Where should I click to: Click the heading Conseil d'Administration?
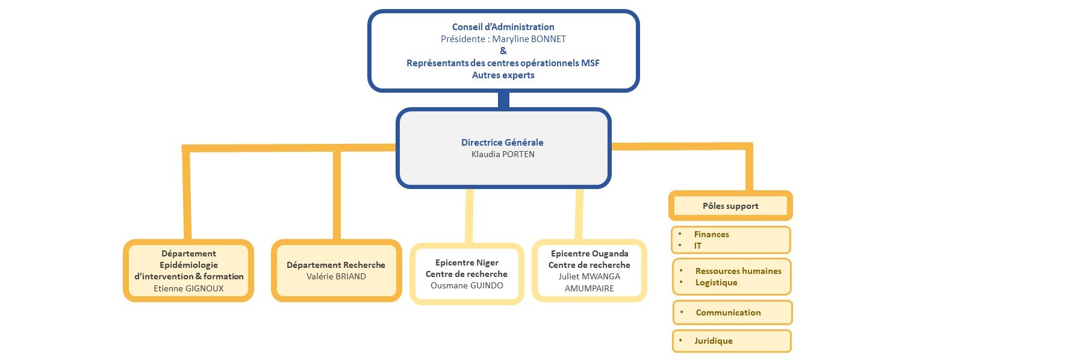click(x=503, y=27)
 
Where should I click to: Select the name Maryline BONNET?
click(x=529, y=39)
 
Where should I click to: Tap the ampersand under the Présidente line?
click(x=503, y=51)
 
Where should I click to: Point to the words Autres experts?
click(x=503, y=75)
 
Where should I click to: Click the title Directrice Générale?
click(x=502, y=143)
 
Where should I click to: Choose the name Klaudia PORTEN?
click(x=503, y=155)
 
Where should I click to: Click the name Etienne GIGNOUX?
click(x=188, y=288)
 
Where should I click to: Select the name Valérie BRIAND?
click(x=336, y=276)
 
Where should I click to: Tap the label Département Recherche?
click(x=336, y=265)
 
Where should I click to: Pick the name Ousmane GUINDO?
click(x=467, y=285)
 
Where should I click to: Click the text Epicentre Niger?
click(x=467, y=262)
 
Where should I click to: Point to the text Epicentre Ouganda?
click(x=589, y=253)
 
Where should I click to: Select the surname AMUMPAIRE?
click(x=589, y=288)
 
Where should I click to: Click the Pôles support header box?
click(x=730, y=206)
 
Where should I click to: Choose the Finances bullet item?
click(x=711, y=234)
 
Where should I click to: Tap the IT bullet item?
click(x=698, y=246)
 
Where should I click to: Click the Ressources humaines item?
click(x=738, y=271)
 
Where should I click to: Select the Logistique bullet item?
click(x=716, y=282)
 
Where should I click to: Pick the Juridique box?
click(x=731, y=341)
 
